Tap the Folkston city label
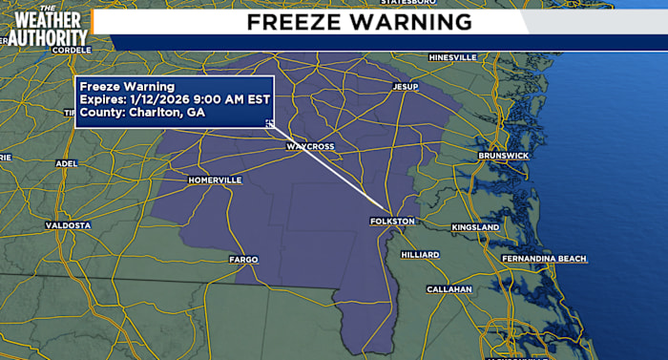391,222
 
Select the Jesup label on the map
406,87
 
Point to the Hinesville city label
452,57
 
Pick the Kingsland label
475,228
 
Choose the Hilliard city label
420,255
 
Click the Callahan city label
449,288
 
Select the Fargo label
243,259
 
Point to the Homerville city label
216,180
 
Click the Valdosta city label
68,225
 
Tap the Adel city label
66,163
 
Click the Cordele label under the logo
72,49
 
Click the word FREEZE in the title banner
296,21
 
